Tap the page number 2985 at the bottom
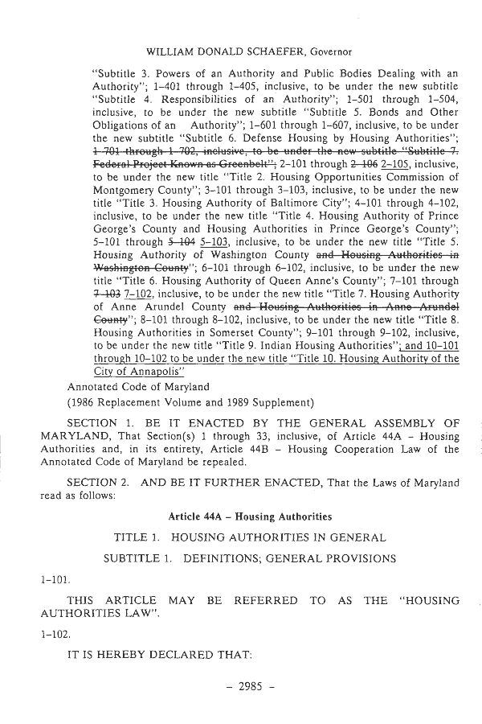point(241,691)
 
